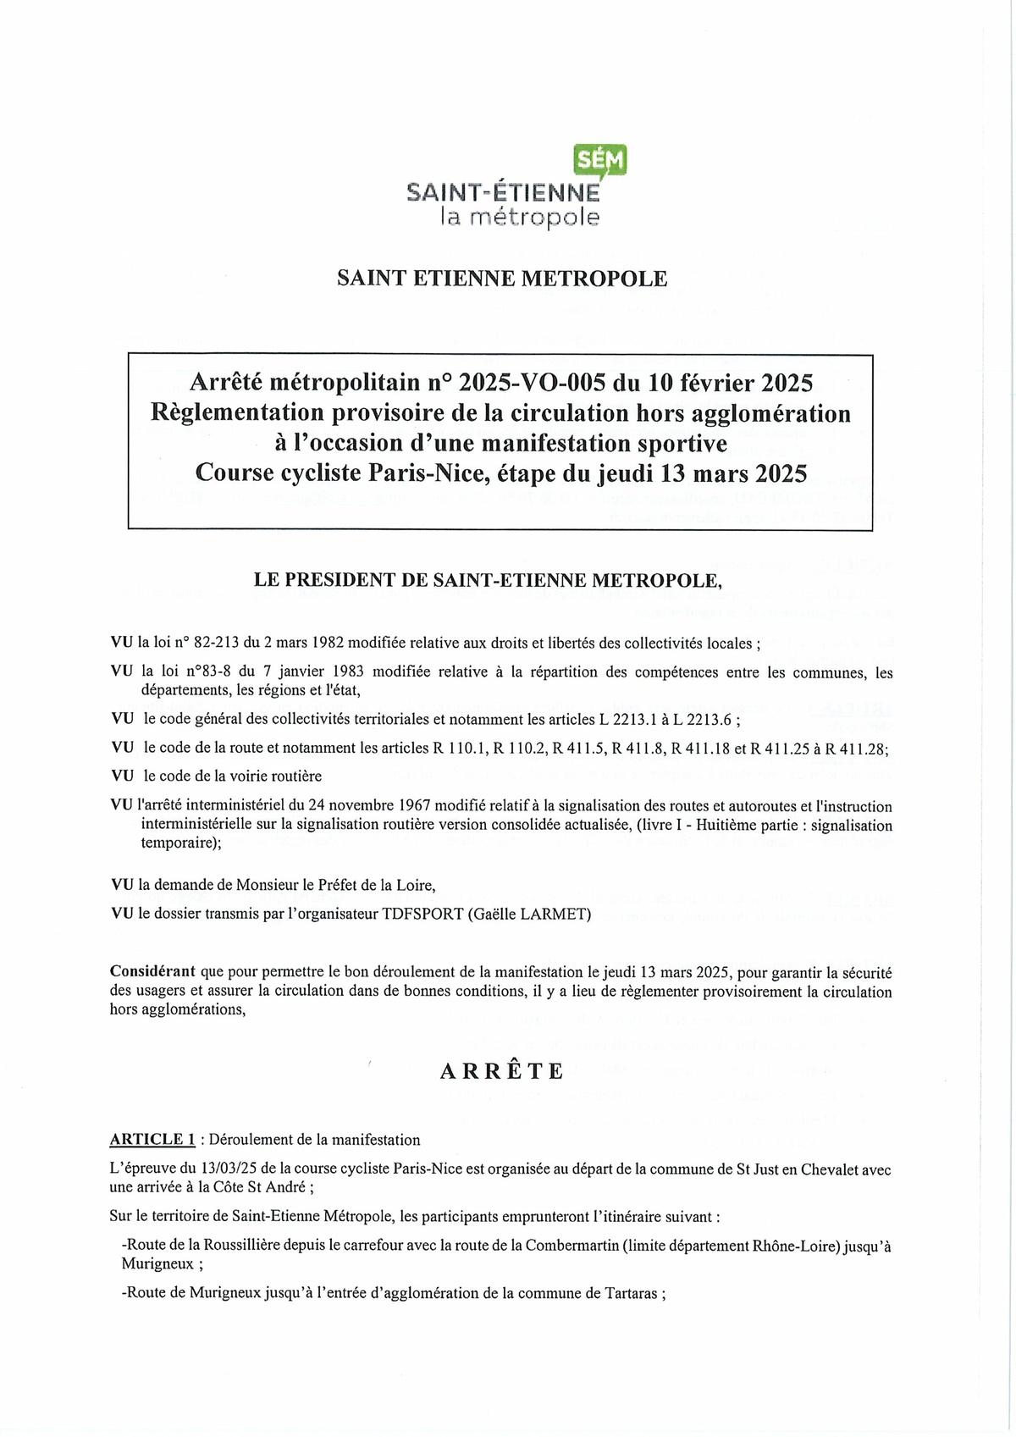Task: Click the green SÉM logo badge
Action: [x=601, y=158]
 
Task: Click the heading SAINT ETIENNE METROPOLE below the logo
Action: [x=502, y=279]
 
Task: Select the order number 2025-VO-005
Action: [x=531, y=384]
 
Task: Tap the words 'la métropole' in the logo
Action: [x=519, y=218]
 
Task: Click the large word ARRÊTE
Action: [x=501, y=1071]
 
